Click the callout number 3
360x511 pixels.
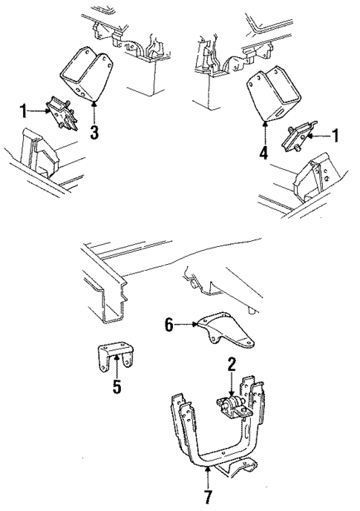94,134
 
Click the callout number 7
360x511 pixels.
207,495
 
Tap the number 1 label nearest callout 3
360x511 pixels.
23,112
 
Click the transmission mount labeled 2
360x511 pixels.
232,406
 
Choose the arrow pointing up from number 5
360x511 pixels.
117,367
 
